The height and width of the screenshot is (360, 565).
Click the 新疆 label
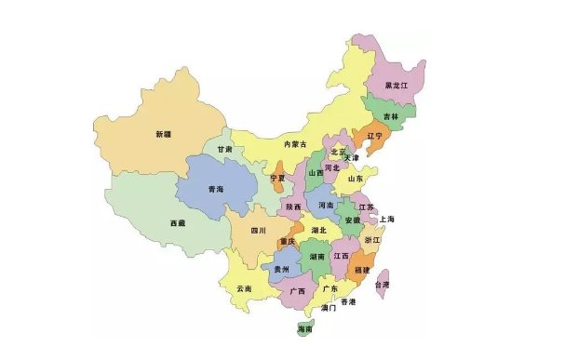(164, 135)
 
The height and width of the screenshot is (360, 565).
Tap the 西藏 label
(177, 223)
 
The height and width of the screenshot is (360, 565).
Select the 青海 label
(215, 190)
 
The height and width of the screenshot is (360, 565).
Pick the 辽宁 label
(374, 136)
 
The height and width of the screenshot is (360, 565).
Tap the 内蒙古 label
(294, 144)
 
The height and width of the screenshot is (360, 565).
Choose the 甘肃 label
(225, 149)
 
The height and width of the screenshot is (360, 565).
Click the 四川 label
(258, 230)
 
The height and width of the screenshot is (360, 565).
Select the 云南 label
(244, 288)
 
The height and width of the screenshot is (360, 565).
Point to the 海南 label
(303, 329)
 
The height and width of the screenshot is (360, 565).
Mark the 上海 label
(387, 219)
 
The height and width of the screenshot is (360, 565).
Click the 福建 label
(361, 270)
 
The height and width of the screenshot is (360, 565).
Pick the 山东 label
(355, 179)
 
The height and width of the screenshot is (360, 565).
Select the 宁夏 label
(277, 178)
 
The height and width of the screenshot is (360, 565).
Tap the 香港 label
(347, 302)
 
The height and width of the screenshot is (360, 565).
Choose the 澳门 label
(328, 307)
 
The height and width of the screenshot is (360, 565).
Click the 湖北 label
(319, 230)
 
